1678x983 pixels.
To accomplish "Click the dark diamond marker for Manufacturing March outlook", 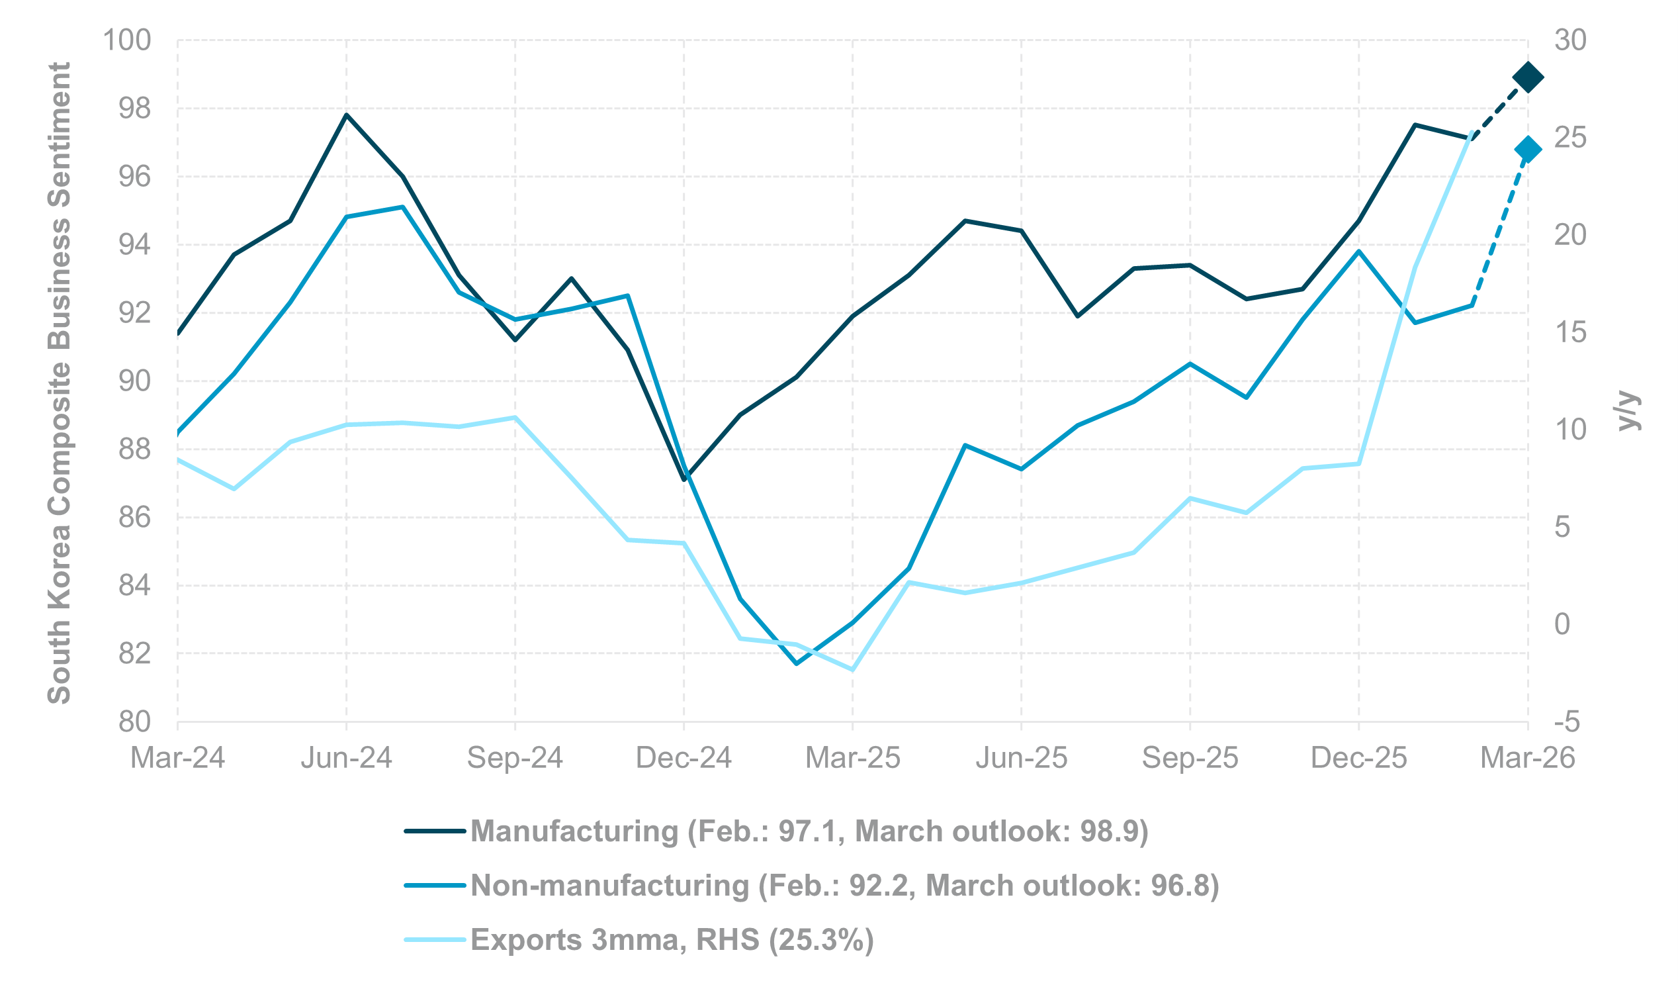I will coord(1528,77).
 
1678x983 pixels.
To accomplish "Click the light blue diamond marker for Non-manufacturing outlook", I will coord(1528,149).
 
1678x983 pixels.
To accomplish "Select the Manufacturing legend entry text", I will coord(809,831).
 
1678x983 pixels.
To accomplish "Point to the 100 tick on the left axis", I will coord(126,40).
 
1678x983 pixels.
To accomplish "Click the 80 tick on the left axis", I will coord(134,722).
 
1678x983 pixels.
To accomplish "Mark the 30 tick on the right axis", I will coord(1570,40).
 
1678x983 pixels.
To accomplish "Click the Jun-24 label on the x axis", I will coord(346,758).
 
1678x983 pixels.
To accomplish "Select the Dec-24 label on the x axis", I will coord(684,758).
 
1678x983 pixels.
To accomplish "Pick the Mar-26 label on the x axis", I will coord(1528,758).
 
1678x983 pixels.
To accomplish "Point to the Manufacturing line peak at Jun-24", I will coord(346,115).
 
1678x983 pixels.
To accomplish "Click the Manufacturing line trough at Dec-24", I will coord(684,479).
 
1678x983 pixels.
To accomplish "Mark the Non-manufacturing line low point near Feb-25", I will coord(797,663).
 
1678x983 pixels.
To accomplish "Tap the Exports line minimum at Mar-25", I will coord(852,669).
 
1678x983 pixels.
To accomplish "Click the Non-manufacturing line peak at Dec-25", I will coord(1359,252).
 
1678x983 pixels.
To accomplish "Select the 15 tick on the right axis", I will coord(1570,332).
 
